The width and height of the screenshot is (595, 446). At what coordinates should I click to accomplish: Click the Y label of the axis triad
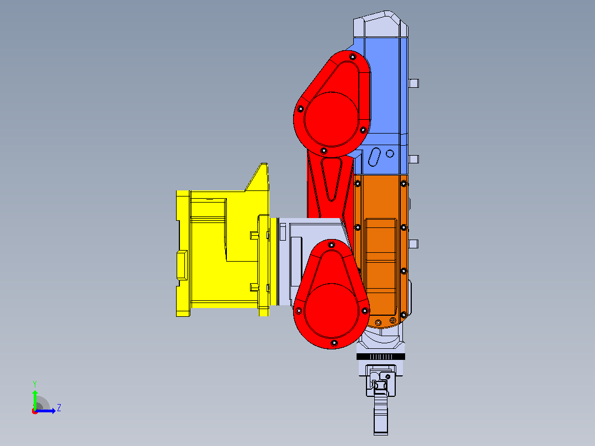pos(35,384)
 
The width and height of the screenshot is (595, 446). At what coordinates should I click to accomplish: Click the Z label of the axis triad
pos(59,408)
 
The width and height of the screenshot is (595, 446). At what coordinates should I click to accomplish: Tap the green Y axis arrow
pos(35,399)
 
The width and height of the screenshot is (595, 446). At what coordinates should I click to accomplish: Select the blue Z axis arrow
pos(45,411)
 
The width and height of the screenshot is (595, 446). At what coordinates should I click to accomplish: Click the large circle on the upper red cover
pos(331,119)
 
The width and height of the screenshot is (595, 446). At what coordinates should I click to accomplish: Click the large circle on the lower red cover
pos(331,311)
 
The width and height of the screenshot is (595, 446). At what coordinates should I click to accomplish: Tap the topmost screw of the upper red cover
pos(353,57)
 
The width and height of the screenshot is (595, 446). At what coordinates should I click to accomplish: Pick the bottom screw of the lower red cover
pos(334,343)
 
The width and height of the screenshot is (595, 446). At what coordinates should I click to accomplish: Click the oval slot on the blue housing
pos(375,157)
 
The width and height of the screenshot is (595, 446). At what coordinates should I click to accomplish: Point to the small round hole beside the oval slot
pos(390,154)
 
